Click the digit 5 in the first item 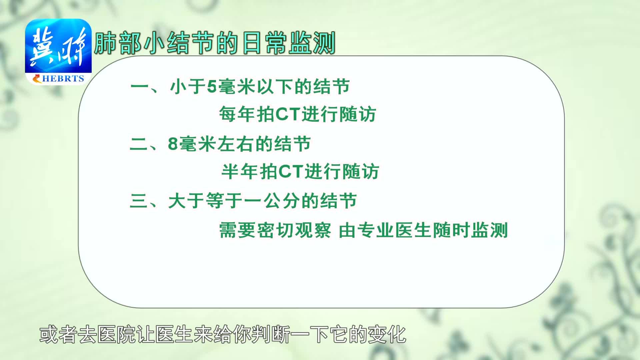click(212, 87)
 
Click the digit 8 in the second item click(173, 144)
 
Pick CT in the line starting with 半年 click(290, 172)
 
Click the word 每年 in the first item click(237, 114)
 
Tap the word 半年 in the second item click(240, 172)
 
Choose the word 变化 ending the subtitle click(387, 335)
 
